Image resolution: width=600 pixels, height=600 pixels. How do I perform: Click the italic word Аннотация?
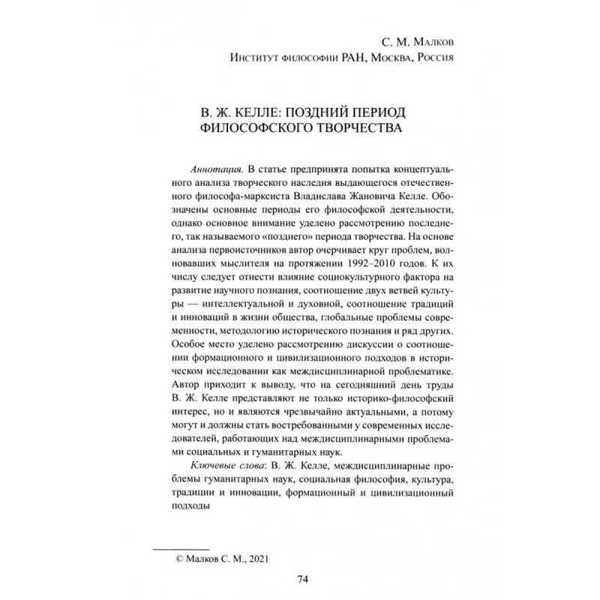click(198, 166)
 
